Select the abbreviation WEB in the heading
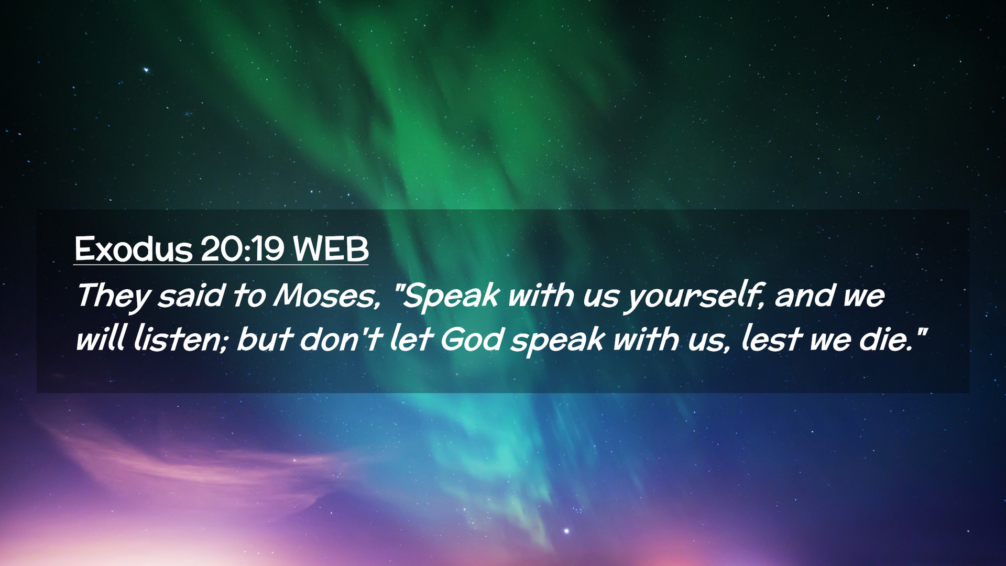point(331,249)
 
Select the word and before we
point(804,296)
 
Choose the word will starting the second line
point(100,340)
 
